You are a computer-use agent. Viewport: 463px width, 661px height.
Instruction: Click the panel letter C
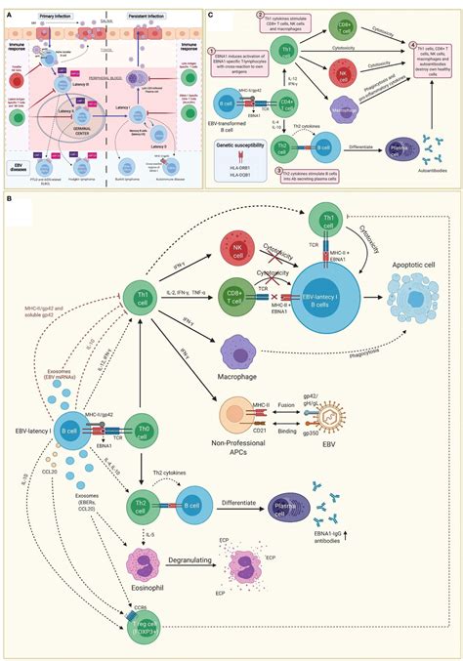point(214,7)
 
